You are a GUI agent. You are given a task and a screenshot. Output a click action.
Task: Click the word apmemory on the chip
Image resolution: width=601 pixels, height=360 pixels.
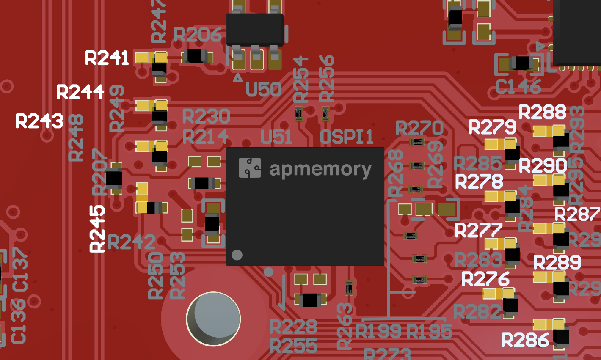pos(320,170)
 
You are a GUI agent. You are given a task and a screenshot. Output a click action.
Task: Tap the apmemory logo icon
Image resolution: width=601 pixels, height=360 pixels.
pos(250,168)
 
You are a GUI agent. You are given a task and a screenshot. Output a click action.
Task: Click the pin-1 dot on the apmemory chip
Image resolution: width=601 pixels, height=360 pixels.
pos(237,255)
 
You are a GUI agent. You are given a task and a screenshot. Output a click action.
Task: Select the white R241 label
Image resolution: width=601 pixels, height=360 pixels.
pos(107,58)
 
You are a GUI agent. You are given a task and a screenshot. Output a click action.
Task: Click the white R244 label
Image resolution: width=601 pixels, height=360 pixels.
pos(80,92)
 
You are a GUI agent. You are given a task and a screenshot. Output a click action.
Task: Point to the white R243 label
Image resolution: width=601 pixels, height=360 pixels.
pos(39,121)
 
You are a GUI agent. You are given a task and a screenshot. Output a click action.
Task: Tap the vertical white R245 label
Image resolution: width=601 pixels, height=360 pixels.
pos(97,229)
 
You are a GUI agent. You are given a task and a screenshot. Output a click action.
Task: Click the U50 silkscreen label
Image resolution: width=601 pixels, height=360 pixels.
pos(264,89)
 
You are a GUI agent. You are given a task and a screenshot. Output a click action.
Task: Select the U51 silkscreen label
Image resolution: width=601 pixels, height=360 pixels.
pos(276,137)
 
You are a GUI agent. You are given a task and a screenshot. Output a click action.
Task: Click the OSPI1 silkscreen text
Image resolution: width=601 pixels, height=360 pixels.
pos(347,137)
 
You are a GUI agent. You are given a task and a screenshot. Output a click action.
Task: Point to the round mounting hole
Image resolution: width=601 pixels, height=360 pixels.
pos(214,319)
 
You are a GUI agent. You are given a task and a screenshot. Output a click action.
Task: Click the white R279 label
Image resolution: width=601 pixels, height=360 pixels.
pos(492,127)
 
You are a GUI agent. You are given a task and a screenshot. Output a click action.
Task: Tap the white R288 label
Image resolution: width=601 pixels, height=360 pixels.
pos(542,113)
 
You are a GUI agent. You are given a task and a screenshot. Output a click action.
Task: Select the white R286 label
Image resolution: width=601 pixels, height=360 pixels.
pos(525,340)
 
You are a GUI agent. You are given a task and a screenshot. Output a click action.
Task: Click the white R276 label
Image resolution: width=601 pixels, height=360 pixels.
pos(485,279)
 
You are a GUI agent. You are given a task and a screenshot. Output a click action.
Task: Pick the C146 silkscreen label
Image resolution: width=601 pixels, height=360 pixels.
pos(518,87)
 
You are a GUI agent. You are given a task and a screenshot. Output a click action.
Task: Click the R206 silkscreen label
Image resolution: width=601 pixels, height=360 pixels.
pos(198,35)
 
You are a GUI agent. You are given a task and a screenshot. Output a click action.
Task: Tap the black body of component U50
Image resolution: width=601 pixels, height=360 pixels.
pos(255,30)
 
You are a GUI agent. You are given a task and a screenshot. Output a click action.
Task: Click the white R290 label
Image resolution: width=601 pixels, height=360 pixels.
pos(543,166)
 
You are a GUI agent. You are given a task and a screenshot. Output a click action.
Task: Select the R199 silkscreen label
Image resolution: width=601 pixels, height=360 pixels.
pos(378,331)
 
